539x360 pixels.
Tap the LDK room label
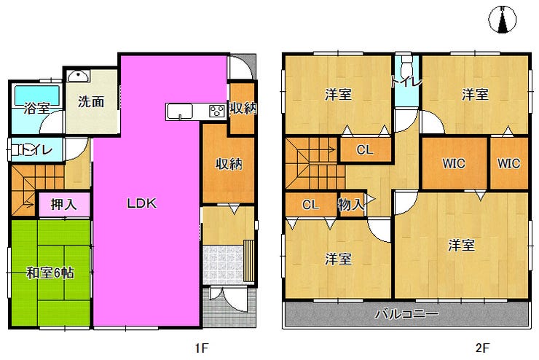click(141, 203)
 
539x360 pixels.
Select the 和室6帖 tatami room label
click(50, 273)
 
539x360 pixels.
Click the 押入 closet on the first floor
click(64, 205)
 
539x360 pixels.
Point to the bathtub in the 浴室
click(36, 95)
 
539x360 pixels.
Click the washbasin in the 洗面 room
click(79, 76)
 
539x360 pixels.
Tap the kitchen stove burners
click(217, 111)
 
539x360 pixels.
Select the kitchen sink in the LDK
click(179, 111)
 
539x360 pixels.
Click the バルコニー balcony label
click(406, 314)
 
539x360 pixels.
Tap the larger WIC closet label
click(454, 163)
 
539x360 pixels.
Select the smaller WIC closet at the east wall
click(509, 163)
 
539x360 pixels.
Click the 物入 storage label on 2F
click(351, 205)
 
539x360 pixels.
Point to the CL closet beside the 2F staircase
click(366, 150)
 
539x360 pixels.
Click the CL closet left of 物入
click(311, 205)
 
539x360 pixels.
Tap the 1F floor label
click(202, 348)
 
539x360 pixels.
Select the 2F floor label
click(482, 348)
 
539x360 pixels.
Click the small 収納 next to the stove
click(243, 109)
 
